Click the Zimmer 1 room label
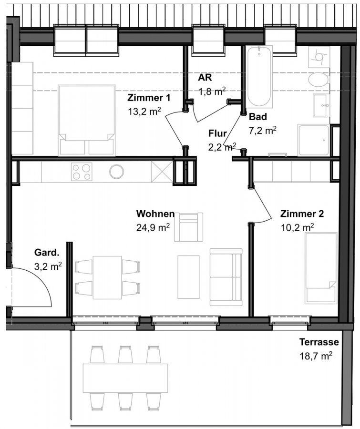pyautogui.click(x=149, y=98)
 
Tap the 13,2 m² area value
pyautogui.click(x=144, y=112)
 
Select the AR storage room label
pyautogui.click(x=205, y=77)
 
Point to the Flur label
pyautogui.click(x=217, y=133)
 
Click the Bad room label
pyautogui.click(x=258, y=117)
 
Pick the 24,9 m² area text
pyautogui.click(x=153, y=227)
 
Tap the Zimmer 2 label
pyautogui.click(x=302, y=214)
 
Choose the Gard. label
pyautogui.click(x=47, y=252)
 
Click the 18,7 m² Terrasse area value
pyautogui.click(x=316, y=356)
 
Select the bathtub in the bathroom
pyautogui.click(x=259, y=76)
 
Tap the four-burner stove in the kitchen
pyautogui.click(x=82, y=172)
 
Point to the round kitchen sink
pyautogui.click(x=117, y=172)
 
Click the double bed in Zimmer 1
pyautogui.click(x=86, y=121)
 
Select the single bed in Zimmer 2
pyautogui.click(x=321, y=268)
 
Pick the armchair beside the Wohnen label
pyautogui.click(x=189, y=227)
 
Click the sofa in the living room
pyautogui.click(x=226, y=277)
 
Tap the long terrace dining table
pyautogui.click(x=126, y=378)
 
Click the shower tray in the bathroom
pyautogui.click(x=313, y=140)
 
